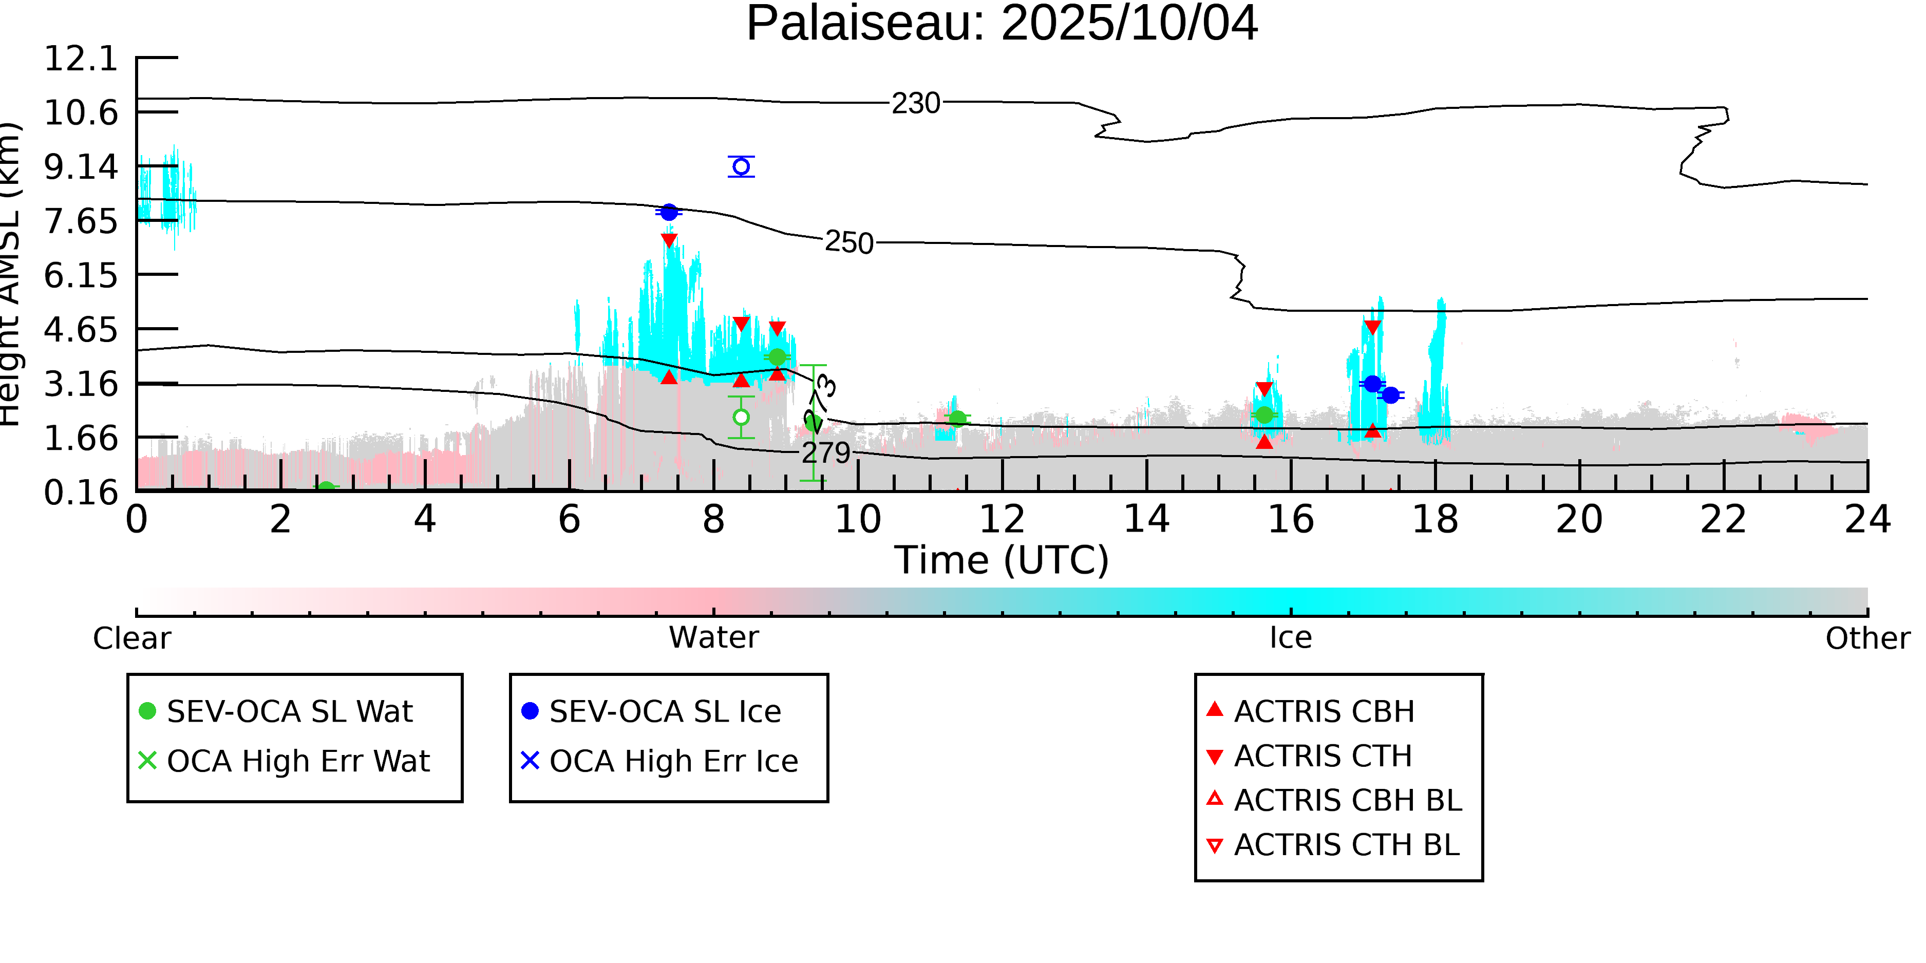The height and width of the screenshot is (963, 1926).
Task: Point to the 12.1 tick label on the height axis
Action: [81, 59]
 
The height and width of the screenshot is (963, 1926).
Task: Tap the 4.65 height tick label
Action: [81, 330]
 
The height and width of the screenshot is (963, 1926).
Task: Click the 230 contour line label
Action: [916, 103]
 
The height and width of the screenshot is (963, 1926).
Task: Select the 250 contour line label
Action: [849, 243]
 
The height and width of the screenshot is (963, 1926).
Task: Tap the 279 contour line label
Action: [826, 453]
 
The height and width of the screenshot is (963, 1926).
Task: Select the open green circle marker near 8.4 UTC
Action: [741, 417]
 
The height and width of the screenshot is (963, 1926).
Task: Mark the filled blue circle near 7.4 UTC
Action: [669, 212]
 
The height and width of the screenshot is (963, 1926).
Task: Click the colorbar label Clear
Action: [131, 638]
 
